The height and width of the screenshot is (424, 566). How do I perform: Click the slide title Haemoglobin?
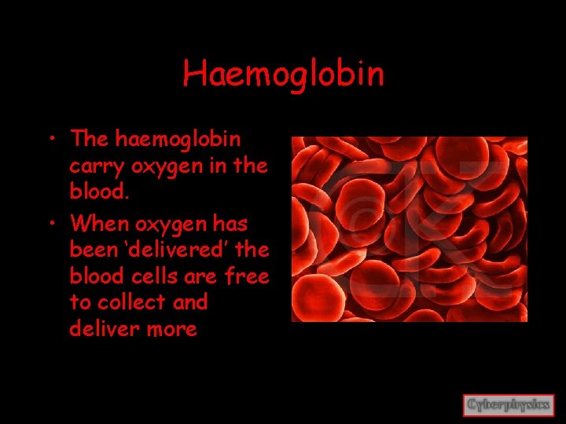pos(283,74)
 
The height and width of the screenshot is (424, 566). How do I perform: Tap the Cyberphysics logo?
pos(509,405)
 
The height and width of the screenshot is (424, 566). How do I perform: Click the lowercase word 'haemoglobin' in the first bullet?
pos(179,139)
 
